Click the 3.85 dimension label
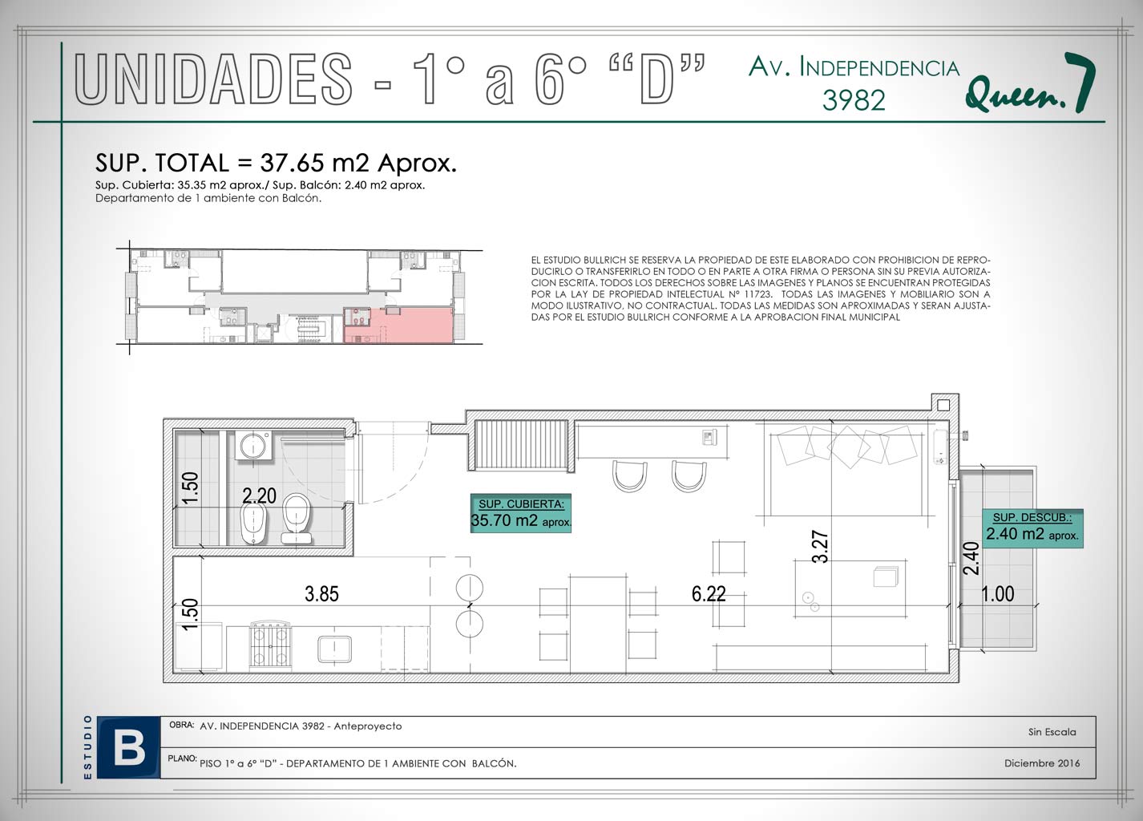[321, 594]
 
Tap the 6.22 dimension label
[709, 594]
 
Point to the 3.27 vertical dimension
[820, 547]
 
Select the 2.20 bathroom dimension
[259, 495]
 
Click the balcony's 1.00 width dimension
[998, 594]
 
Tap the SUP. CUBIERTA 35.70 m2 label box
[520, 513]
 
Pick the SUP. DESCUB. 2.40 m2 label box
[1032, 528]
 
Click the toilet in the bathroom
[296, 517]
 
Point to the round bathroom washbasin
[253, 447]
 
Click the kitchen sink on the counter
[334, 649]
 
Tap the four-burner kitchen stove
[270, 646]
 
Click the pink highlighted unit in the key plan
[398, 325]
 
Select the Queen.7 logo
[1030, 84]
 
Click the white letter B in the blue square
[129, 749]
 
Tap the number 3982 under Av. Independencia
[854, 100]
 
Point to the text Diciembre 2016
[1042, 762]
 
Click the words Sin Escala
[1052, 732]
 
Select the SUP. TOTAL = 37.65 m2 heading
[276, 164]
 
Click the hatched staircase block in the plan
[522, 446]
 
